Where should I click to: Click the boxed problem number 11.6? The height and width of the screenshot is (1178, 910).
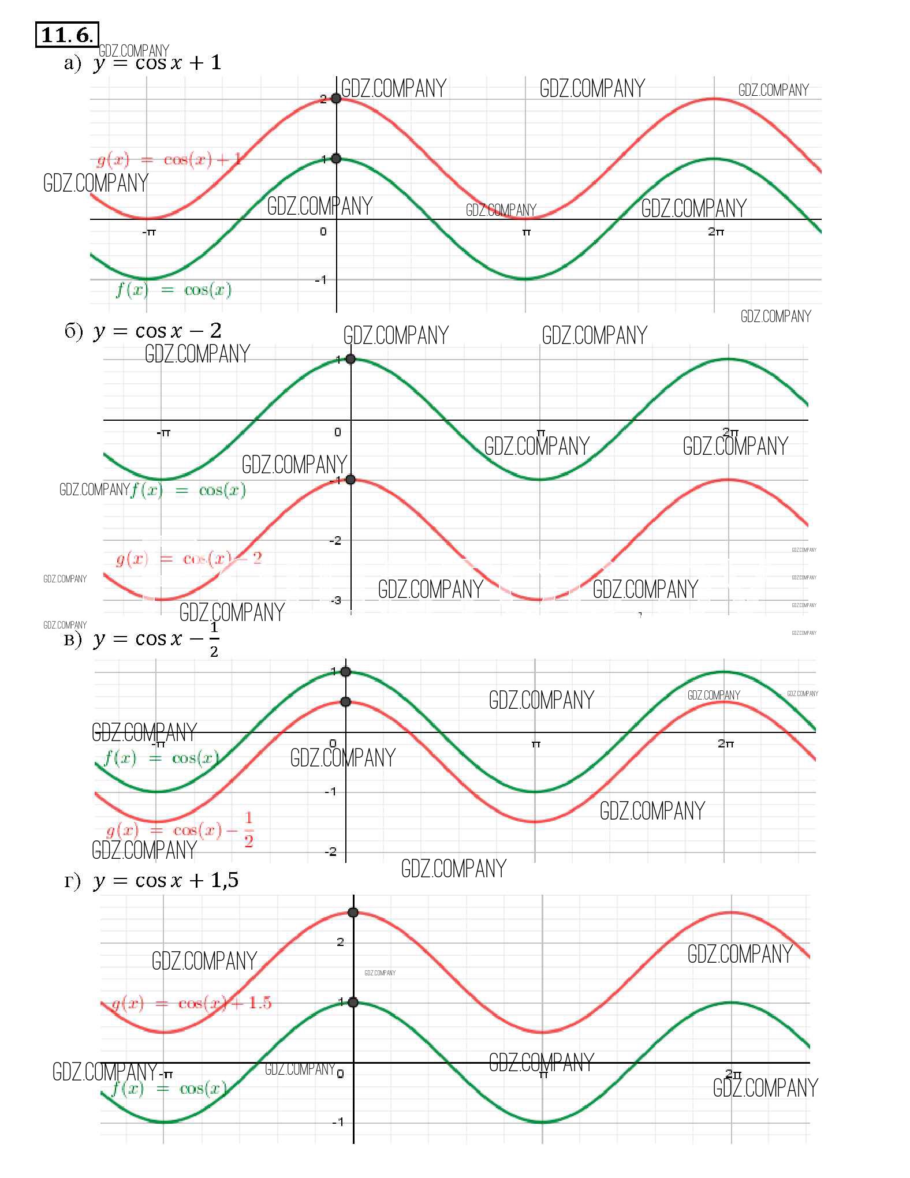66,35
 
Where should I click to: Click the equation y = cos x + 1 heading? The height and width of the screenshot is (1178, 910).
156,62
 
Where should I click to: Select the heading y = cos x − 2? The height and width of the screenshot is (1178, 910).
156,331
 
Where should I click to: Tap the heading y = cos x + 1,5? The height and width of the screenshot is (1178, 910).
165,880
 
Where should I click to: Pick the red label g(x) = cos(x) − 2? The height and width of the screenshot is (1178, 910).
189,559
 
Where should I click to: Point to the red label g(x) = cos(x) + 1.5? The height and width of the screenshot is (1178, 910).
191,1003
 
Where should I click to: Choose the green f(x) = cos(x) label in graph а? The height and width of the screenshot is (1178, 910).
174,290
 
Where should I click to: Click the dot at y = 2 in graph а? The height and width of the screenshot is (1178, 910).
336,99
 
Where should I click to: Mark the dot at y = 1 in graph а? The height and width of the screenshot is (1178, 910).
336,159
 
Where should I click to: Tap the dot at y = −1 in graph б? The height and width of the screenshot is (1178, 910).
350,480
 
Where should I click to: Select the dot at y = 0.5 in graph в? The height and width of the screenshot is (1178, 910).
345,702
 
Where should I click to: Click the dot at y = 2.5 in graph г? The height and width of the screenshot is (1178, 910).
353,913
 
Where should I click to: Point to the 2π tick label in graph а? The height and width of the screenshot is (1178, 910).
716,231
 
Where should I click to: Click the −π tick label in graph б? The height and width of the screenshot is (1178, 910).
164,432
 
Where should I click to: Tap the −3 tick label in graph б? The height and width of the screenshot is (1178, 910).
335,601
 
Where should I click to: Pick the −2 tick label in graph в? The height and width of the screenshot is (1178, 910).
330,852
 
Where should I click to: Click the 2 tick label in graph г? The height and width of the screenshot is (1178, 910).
341,943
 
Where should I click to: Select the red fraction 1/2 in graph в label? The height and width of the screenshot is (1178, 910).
248,829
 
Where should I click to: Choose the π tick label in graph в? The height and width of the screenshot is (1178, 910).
536,744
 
